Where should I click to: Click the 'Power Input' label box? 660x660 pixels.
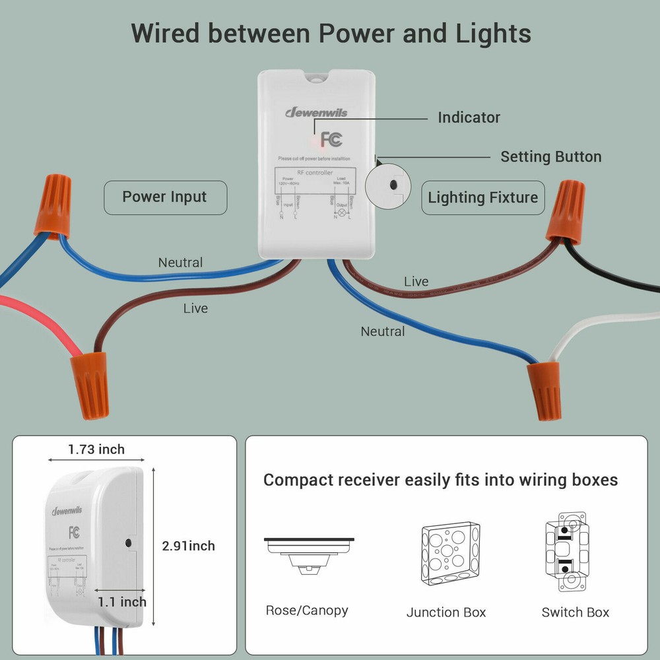(x=165, y=197)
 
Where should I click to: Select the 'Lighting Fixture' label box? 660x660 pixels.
(x=482, y=197)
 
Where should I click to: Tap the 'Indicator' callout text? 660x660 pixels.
(x=469, y=117)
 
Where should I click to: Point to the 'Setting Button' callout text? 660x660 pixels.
(x=550, y=157)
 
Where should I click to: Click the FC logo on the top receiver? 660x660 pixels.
(x=331, y=139)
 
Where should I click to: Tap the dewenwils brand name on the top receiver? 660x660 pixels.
(x=316, y=112)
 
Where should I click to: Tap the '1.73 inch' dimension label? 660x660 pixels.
(x=96, y=449)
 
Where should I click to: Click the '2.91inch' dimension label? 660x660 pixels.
(x=189, y=546)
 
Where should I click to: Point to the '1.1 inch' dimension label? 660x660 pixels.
(x=122, y=601)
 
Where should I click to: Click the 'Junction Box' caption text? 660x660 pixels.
(x=446, y=612)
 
